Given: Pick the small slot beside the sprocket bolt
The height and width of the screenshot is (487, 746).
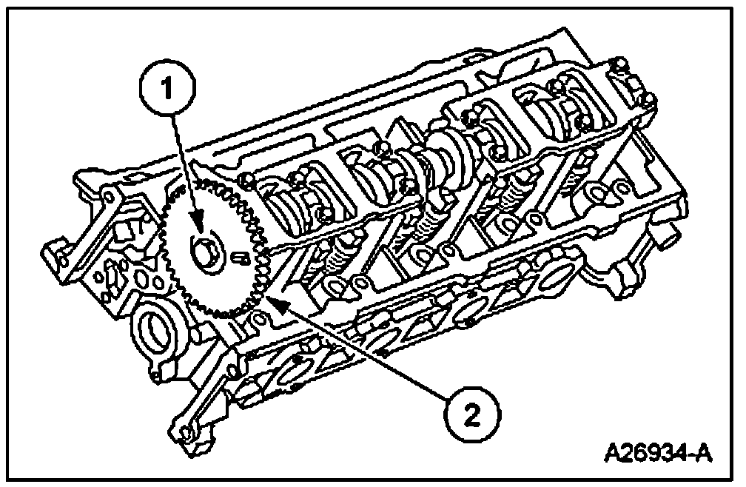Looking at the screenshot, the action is pyautogui.click(x=238, y=257).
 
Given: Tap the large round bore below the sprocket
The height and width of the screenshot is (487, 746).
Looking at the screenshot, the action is pyautogui.click(x=154, y=328).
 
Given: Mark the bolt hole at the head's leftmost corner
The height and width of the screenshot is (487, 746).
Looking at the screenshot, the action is pyautogui.click(x=106, y=195).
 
